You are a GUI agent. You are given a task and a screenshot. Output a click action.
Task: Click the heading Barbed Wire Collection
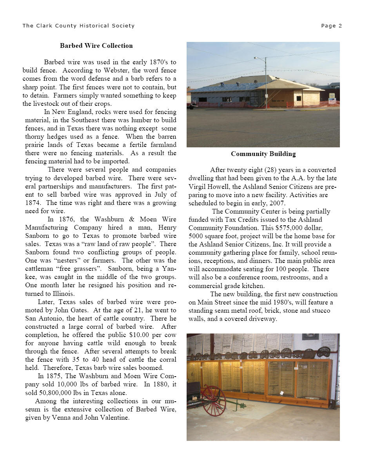point(96,46)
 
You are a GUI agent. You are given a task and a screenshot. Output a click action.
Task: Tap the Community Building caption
point(263,154)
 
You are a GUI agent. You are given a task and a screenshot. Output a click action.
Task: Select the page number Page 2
point(331,26)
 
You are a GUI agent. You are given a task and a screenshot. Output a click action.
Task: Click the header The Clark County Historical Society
point(78,26)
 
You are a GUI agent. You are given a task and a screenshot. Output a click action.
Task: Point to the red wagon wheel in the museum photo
point(214,401)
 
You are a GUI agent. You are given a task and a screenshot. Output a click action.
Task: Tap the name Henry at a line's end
point(167,228)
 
